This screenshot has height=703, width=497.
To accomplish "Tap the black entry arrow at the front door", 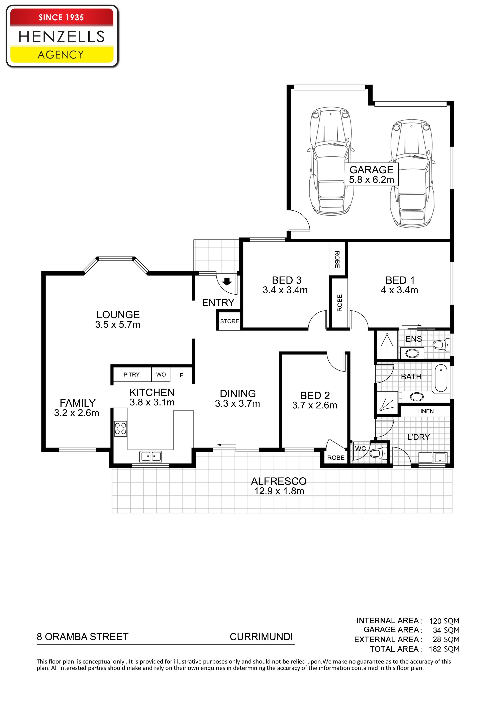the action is [227, 281].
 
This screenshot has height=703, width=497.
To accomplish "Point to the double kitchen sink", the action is [150, 456].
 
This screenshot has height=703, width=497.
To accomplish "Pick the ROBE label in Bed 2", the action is [336, 458].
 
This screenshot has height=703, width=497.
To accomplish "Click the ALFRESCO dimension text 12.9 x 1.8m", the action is [279, 491].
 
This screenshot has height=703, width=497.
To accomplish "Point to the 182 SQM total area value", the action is [444, 649].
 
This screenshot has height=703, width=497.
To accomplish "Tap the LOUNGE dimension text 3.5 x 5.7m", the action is [118, 325].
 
